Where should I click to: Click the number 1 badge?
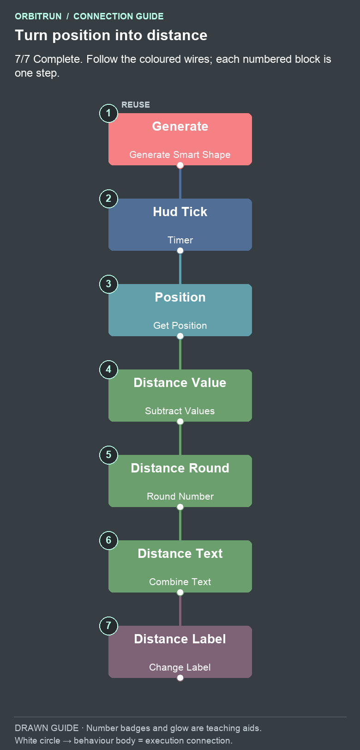(x=108, y=113)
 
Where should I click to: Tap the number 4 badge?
(x=108, y=369)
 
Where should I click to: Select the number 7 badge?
(x=108, y=626)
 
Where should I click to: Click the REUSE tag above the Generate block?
(x=136, y=105)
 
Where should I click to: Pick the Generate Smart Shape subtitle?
(x=180, y=155)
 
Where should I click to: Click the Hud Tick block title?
(x=180, y=212)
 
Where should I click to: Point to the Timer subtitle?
(x=180, y=240)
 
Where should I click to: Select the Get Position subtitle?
(x=180, y=326)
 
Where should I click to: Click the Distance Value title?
(x=180, y=383)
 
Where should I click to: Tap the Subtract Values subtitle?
(x=180, y=411)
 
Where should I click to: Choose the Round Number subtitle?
(x=180, y=496)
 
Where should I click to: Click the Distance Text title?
(x=180, y=553)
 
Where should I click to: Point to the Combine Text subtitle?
(x=180, y=581)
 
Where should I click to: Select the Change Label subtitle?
(x=180, y=667)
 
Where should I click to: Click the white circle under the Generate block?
(x=180, y=165)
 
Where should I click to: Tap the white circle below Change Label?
(x=180, y=677)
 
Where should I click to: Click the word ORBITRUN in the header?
(x=38, y=17)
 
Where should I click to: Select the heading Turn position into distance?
(x=111, y=36)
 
